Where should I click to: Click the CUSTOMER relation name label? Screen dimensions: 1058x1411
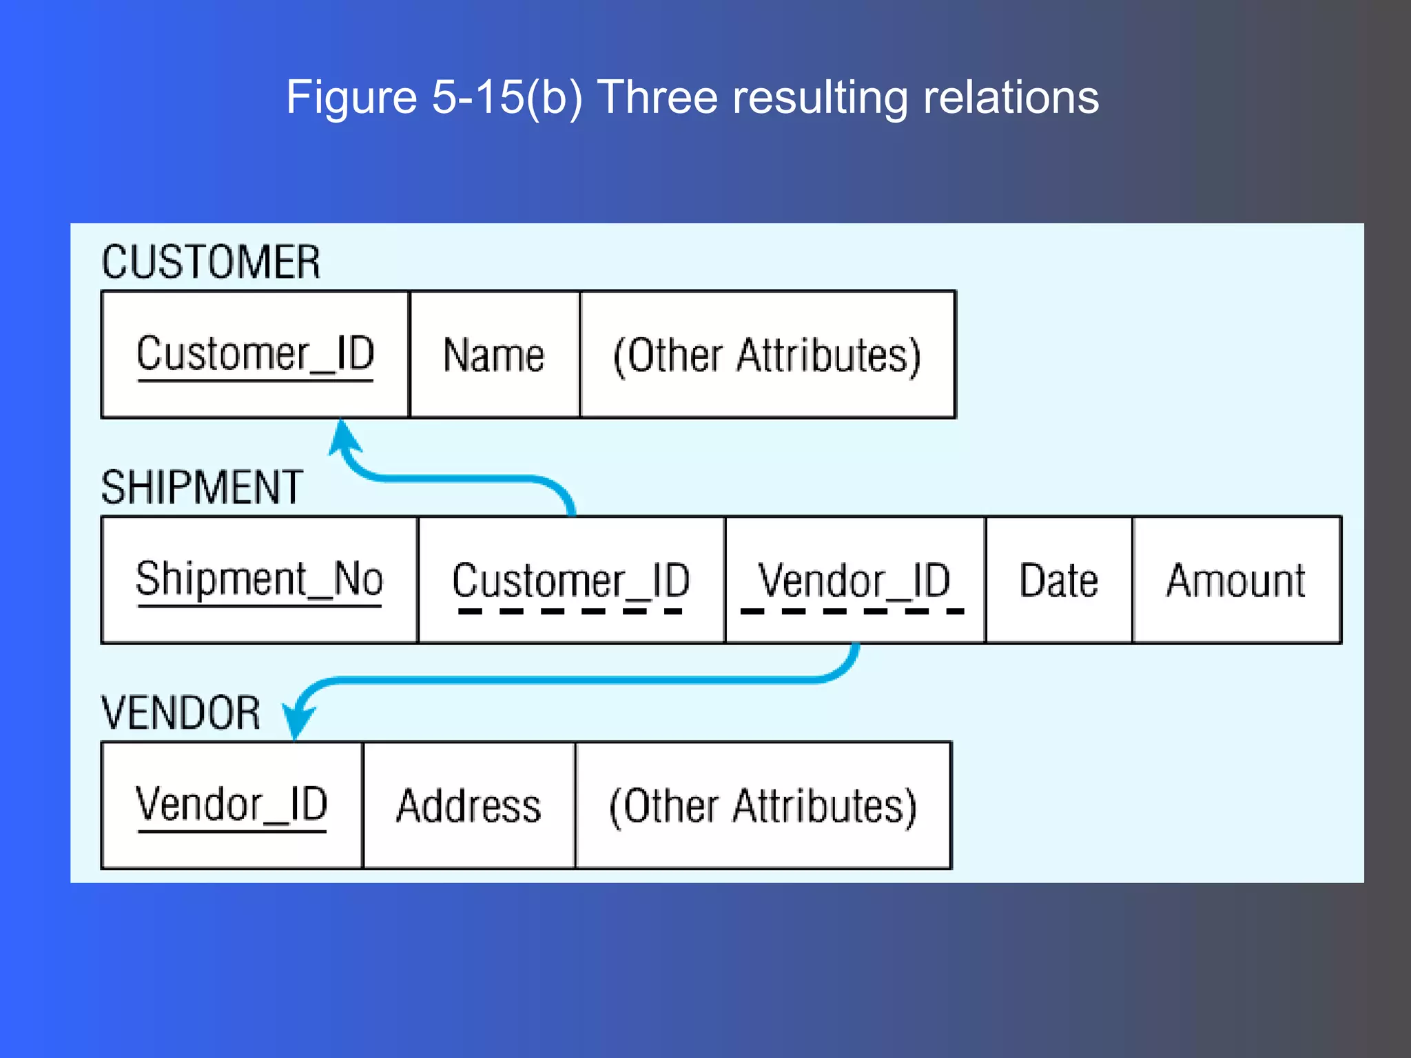211,262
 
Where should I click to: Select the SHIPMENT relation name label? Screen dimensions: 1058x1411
202,488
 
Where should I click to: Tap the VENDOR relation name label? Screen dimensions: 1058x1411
181,713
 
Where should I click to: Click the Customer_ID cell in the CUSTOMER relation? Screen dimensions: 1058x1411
255,355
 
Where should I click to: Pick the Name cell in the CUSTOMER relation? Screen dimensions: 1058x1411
494,355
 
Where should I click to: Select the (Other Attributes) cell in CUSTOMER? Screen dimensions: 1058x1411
767,355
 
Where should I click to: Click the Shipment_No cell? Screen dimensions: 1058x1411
259,580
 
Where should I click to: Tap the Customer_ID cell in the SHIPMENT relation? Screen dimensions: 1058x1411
571,580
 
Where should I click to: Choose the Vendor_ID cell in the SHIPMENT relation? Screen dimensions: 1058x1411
854,580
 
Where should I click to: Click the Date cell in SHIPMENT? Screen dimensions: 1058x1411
1058,580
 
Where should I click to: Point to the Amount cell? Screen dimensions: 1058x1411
1236,580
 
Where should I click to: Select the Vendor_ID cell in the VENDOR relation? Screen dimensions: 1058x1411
231,805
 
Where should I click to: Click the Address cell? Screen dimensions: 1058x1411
468,805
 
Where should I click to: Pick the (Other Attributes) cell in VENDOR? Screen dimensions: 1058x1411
763,805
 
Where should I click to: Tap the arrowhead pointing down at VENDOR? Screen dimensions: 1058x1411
298,723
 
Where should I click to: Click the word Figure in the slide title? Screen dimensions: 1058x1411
351,97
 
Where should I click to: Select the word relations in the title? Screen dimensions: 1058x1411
1011,97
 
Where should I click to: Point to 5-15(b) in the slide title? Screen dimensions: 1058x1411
507,97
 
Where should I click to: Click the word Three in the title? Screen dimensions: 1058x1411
658,97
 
